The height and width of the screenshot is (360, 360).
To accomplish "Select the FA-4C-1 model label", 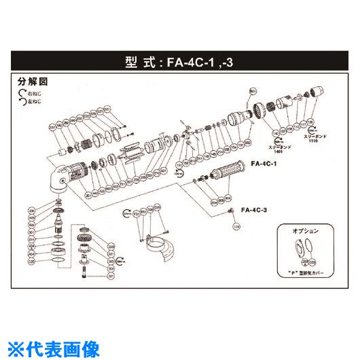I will click(263, 164).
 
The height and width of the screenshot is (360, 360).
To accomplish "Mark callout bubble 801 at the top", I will click(253, 90).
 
